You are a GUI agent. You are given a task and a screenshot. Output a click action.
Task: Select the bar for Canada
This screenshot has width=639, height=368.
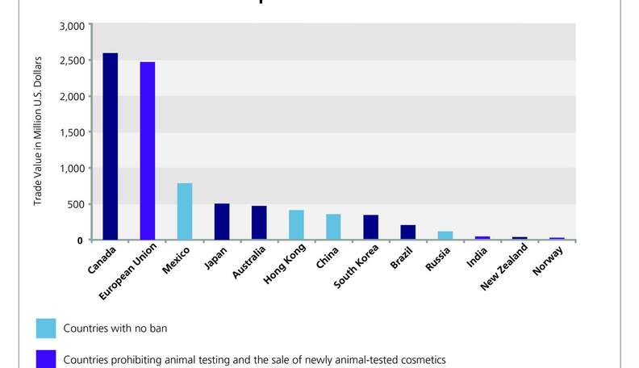tap(110, 146)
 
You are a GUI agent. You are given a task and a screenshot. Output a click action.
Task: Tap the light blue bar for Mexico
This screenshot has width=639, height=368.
tap(185, 211)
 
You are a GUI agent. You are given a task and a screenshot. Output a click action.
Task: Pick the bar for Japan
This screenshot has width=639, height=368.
tap(222, 222)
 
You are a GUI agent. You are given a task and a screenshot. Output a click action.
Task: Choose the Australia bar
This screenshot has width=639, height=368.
tap(259, 223)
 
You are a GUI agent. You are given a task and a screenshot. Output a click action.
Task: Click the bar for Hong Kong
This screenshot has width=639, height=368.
tap(296, 225)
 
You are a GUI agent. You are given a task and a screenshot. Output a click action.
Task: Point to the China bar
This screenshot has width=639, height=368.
tap(333, 227)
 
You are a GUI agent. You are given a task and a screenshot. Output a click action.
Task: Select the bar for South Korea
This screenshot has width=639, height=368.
tap(370, 228)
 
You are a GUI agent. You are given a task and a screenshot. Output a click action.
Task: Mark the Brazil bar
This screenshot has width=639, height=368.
tap(408, 232)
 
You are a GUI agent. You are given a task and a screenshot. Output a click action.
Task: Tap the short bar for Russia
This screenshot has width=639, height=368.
tap(445, 236)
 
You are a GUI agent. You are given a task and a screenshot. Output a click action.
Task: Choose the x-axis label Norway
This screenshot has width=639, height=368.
tap(549, 259)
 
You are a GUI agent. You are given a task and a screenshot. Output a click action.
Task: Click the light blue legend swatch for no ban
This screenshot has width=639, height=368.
tap(46, 328)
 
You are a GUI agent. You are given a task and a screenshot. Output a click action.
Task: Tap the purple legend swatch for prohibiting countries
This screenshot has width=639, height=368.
tap(46, 358)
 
